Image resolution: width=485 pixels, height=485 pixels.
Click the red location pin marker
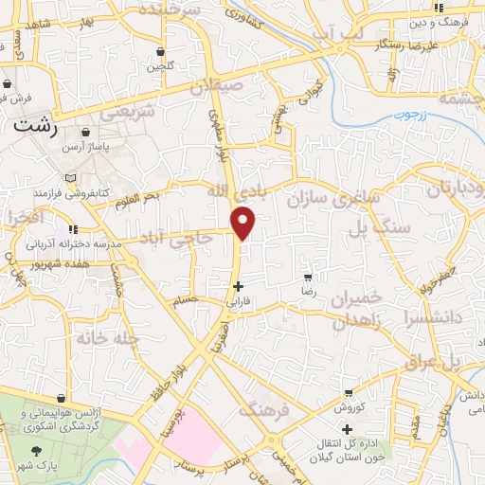244,224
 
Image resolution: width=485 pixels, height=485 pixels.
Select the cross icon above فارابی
237,286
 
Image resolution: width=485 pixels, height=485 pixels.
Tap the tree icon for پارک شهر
37,452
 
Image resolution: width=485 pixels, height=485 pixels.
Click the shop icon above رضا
308,278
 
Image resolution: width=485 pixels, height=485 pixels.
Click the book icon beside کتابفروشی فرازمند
69,178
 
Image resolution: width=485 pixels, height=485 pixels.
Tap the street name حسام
186,300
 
